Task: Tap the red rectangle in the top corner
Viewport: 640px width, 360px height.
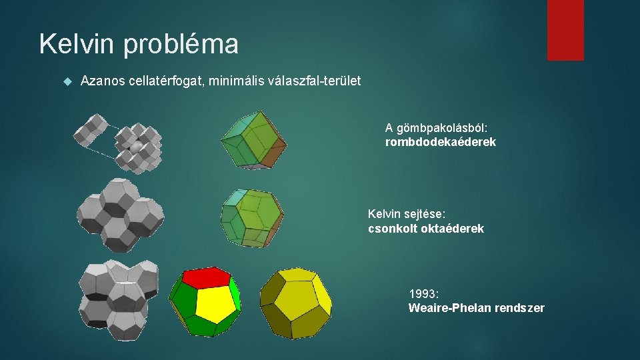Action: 565,30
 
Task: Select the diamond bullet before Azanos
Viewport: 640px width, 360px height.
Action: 66,81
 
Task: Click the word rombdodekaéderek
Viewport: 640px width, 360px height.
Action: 441,142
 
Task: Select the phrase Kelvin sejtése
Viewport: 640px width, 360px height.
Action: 405,214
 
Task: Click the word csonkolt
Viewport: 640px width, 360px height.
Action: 390,229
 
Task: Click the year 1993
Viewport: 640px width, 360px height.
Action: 423,293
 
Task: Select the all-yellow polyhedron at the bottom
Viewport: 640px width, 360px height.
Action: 296,303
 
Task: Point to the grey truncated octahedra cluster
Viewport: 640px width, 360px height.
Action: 120,213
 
